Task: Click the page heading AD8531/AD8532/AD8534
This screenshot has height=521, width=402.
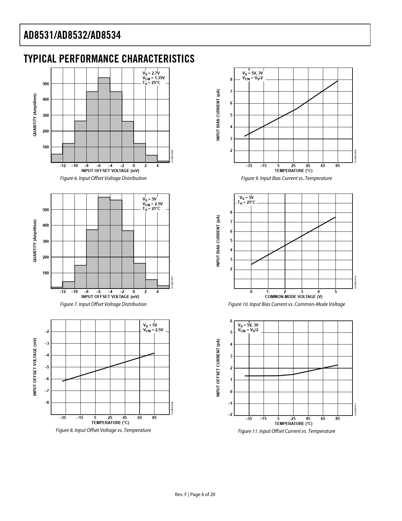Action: pyautogui.click(x=72, y=35)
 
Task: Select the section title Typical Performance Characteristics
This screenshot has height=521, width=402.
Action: pyautogui.click(x=109, y=59)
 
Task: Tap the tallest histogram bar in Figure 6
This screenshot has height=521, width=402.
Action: pyautogui.click(x=104, y=120)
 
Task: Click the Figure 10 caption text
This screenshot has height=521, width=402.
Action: pyautogui.click(x=286, y=304)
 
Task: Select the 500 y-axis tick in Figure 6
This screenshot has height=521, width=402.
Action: pyautogui.click(x=46, y=84)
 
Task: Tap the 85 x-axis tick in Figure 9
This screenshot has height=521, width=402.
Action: pyautogui.click(x=338, y=165)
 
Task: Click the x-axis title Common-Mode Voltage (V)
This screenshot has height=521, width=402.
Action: pyautogui.click(x=293, y=296)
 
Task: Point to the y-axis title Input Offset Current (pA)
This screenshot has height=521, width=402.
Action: pyautogui.click(x=218, y=368)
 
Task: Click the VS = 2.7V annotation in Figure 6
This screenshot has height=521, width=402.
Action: pyautogui.click(x=151, y=73)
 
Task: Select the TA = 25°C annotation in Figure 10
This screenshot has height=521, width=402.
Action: pyautogui.click(x=247, y=202)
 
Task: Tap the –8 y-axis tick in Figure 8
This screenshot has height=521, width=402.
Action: pyautogui.click(x=47, y=403)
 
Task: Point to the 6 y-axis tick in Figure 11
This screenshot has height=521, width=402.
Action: pyautogui.click(x=231, y=321)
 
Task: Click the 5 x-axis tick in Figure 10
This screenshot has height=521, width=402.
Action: pyautogui.click(x=335, y=291)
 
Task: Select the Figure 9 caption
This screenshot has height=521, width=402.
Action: pyautogui.click(x=286, y=178)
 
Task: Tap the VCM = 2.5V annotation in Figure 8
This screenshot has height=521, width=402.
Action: pyautogui.click(x=153, y=330)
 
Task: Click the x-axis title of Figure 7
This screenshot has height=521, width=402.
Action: pyautogui.click(x=110, y=296)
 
